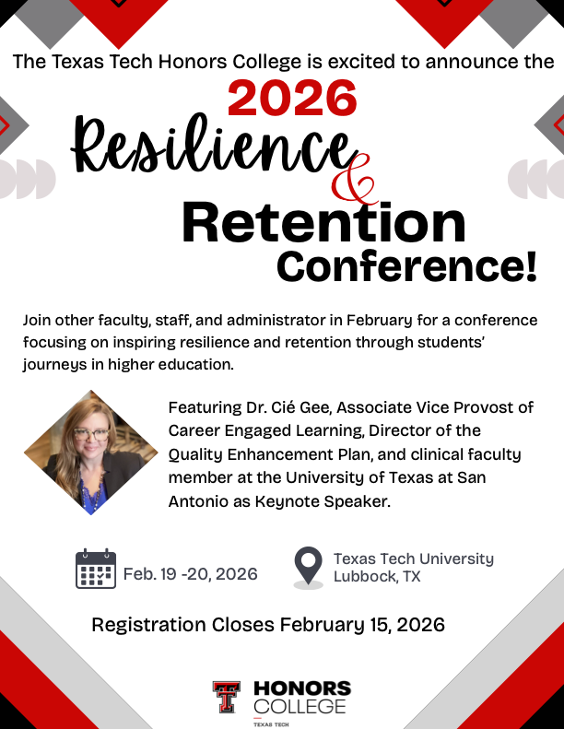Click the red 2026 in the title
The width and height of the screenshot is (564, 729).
pos(293,99)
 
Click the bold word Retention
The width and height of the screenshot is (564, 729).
pos(323,223)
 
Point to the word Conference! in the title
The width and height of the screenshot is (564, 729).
pos(406,266)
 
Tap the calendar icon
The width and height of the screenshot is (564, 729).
pos(95,569)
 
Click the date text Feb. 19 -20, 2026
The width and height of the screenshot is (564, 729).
pos(190,574)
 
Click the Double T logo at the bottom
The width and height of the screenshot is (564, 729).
pos(226,697)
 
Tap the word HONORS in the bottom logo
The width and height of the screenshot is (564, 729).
pos(301,688)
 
